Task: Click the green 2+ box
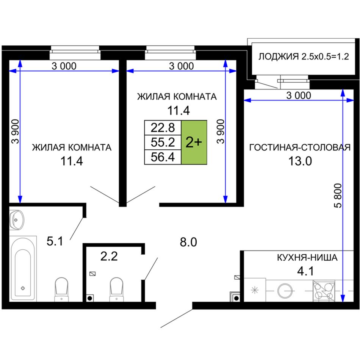194,142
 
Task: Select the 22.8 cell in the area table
163,128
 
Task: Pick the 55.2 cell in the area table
163,142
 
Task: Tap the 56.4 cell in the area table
163,157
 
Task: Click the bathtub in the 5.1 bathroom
23,269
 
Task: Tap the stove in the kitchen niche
324,291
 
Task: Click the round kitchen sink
285,290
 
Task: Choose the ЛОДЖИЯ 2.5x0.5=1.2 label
304,56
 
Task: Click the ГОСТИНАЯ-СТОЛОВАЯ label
300,147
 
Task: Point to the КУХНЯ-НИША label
307,258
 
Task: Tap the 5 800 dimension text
338,196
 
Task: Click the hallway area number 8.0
188,242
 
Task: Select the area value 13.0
300,161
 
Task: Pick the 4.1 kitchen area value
305,271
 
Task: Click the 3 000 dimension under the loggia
299,95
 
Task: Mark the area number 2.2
109,256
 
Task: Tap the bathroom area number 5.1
55,241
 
